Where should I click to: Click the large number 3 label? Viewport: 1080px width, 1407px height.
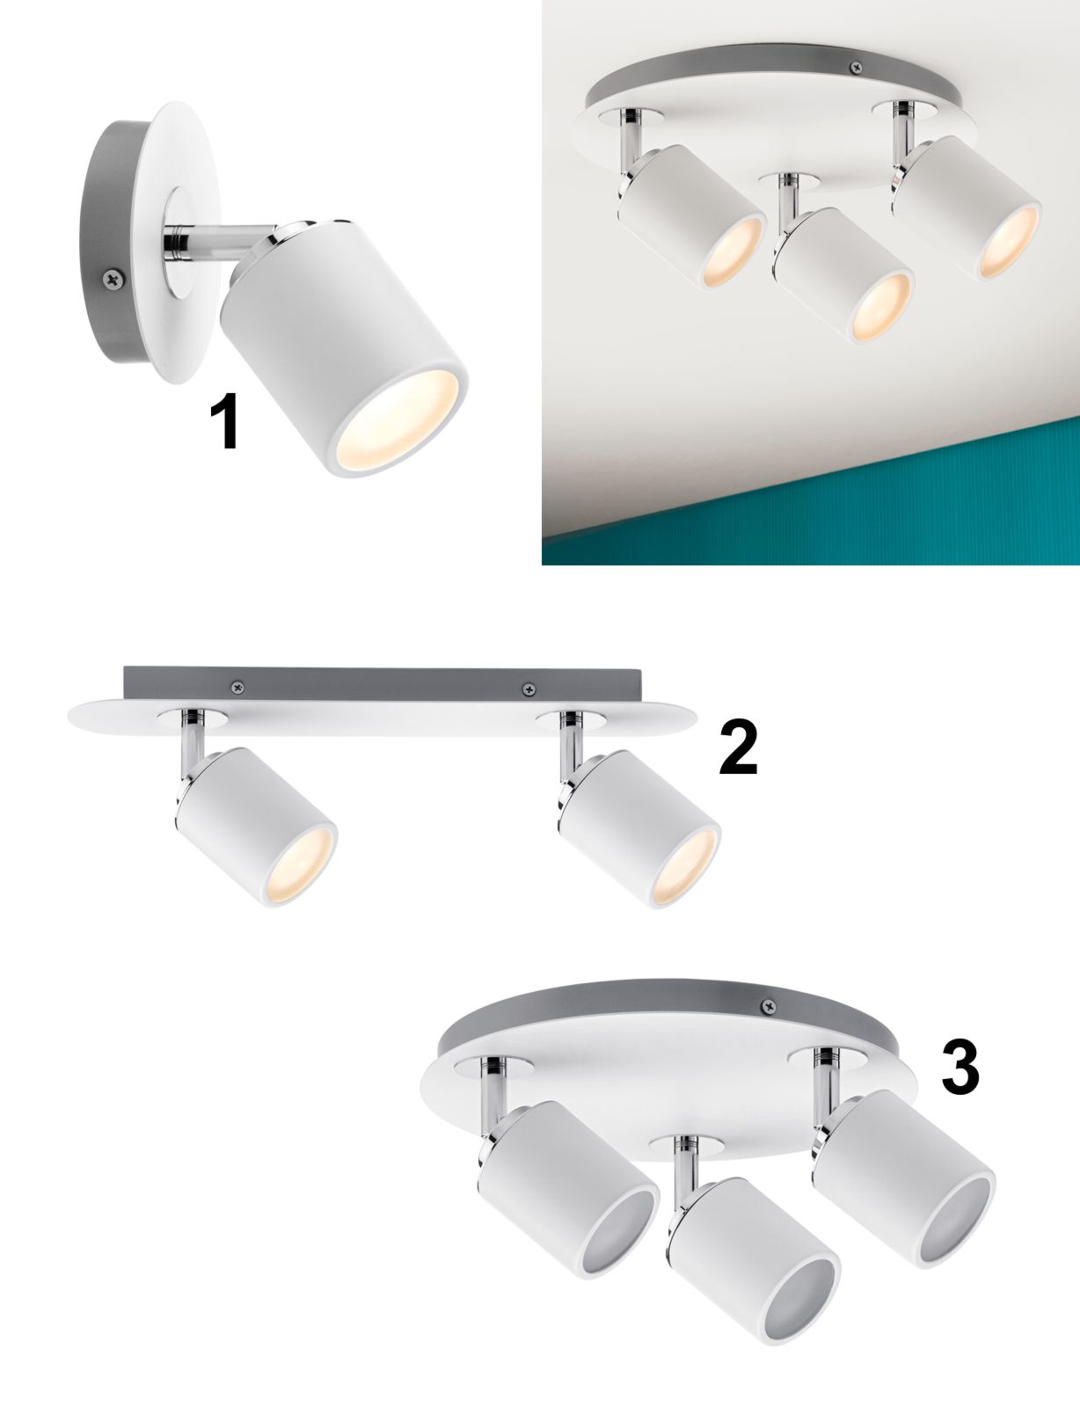point(960,1068)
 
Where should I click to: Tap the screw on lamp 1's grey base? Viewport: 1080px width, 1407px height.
point(112,279)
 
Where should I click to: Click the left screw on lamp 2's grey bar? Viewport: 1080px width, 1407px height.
point(238,687)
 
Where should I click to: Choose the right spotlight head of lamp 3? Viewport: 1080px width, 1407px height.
point(904,1165)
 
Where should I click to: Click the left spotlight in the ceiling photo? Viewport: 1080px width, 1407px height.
point(691,216)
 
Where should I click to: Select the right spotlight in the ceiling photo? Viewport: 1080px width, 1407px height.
point(966,208)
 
